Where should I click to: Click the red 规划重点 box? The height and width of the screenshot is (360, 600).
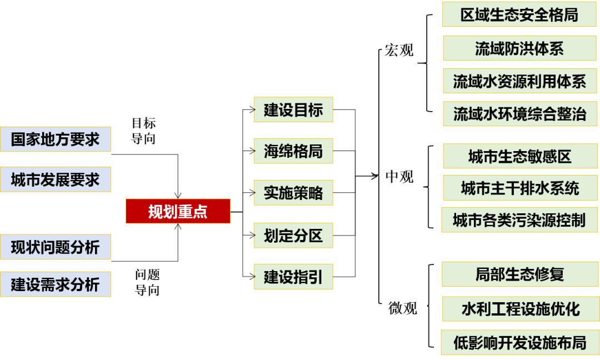pyautogui.click(x=178, y=212)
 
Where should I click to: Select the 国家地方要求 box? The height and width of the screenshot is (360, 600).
pyautogui.click(x=55, y=139)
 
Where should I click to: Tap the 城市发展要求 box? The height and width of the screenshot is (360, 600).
pyautogui.click(x=55, y=179)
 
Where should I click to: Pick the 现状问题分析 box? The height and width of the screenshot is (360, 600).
pyautogui.click(x=55, y=247)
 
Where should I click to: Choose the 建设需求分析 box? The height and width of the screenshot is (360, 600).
pyautogui.click(x=55, y=284)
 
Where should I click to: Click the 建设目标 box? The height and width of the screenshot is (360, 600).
pyautogui.click(x=293, y=110)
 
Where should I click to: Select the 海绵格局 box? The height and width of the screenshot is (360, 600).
pyautogui.click(x=293, y=151)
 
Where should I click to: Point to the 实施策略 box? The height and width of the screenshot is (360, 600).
pyautogui.click(x=293, y=193)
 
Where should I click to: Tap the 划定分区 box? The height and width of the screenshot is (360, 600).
pyautogui.click(x=293, y=236)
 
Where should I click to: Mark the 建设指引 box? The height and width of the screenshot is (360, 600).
pyautogui.click(x=293, y=277)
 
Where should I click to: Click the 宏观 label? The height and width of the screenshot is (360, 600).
pyautogui.click(x=399, y=51)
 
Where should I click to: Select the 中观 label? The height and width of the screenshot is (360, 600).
pyautogui.click(x=399, y=177)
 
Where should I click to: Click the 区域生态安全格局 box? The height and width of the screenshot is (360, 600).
pyautogui.click(x=519, y=14)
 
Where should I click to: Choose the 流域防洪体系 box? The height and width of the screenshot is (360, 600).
pyautogui.click(x=519, y=48)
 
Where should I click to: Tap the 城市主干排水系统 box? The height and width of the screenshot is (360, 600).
pyautogui.click(x=520, y=188)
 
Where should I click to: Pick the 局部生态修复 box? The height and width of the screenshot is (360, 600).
pyautogui.click(x=519, y=274)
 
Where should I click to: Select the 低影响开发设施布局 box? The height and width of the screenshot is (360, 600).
pyautogui.click(x=519, y=342)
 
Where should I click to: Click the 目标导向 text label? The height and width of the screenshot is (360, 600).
pyautogui.click(x=143, y=131)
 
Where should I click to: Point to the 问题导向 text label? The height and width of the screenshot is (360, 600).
pyautogui.click(x=147, y=282)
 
